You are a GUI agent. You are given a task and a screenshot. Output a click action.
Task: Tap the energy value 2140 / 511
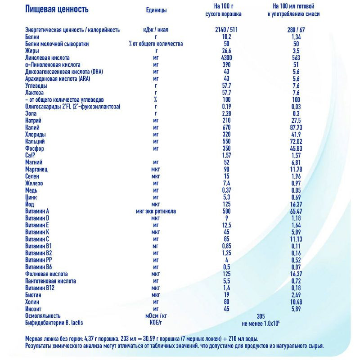[x=226, y=30]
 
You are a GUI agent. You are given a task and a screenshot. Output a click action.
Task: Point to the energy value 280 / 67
[x=296, y=30]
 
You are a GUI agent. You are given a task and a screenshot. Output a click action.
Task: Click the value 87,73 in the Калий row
[x=296, y=128]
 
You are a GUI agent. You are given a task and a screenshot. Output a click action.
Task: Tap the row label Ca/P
[x=31, y=155]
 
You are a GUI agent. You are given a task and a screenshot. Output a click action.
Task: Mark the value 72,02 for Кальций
[x=296, y=142]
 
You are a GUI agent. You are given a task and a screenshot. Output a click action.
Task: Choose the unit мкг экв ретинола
[x=156, y=211]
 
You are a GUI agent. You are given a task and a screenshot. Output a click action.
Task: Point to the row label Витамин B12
[x=41, y=288]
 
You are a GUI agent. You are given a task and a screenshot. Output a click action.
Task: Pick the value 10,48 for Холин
[x=296, y=302]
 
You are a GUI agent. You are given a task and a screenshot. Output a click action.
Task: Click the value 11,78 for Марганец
[x=296, y=169]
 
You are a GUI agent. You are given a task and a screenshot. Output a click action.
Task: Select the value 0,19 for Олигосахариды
[x=226, y=107]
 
